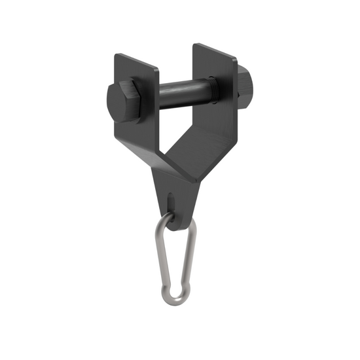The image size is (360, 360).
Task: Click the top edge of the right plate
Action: (216, 50)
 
